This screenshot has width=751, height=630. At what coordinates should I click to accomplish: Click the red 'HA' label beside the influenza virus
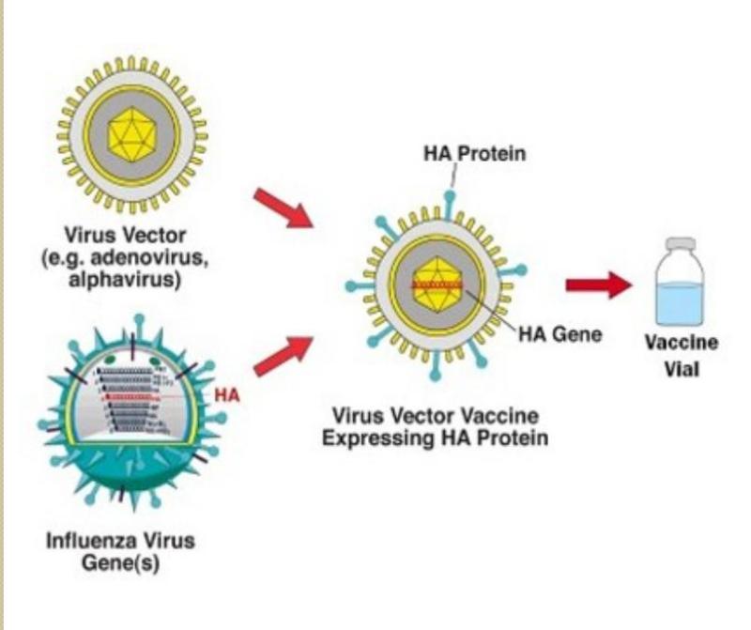pyautogui.click(x=227, y=395)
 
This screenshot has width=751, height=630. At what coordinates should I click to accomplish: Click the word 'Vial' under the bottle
pyautogui.click(x=682, y=368)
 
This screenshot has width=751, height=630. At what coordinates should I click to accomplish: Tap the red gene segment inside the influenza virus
pyautogui.click(x=131, y=397)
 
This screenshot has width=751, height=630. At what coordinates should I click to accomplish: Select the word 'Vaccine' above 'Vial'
pyautogui.click(x=682, y=344)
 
